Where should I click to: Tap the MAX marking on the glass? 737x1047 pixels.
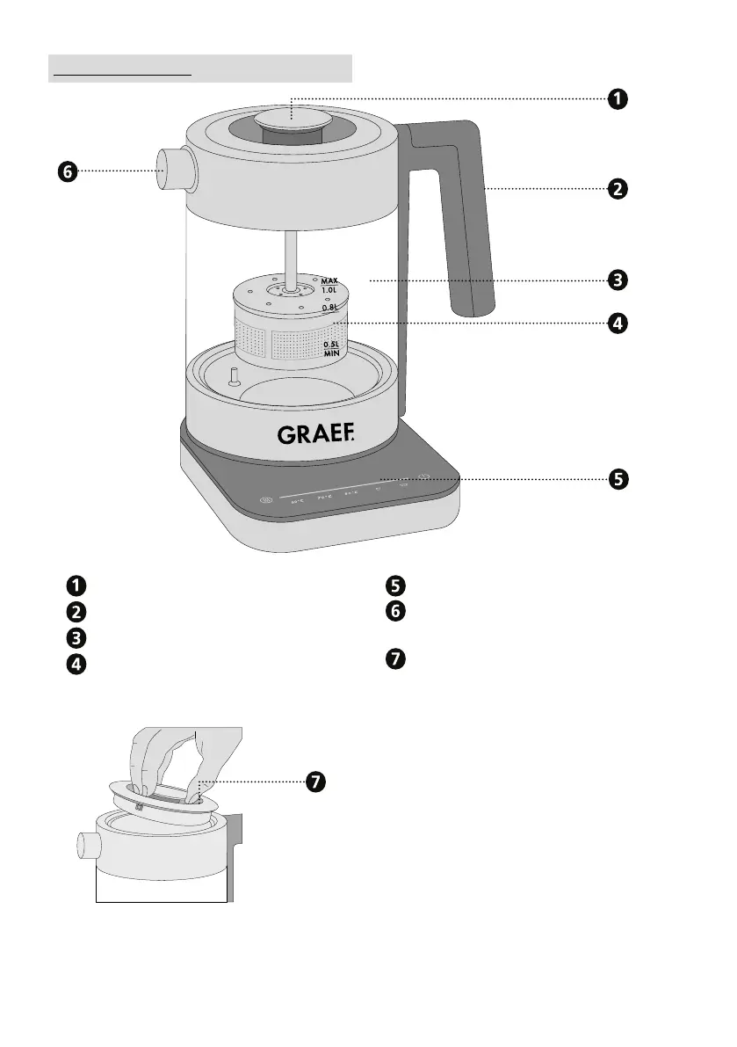pos(329,280)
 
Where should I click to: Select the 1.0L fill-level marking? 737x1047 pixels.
pos(329,289)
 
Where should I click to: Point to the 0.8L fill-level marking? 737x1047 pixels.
pos(329,309)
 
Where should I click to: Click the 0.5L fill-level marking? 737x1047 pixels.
pos(331,344)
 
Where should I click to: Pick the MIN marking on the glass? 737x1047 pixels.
pos(331,353)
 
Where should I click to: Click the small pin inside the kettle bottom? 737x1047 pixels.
pos(234,376)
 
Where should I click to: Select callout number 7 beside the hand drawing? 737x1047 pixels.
pos(315,782)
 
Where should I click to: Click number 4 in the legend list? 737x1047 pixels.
pos(78,665)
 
